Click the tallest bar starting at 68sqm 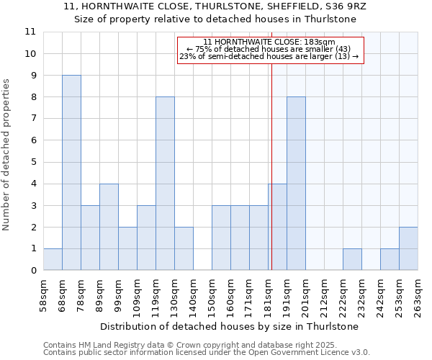[71, 173]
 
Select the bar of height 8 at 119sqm [165, 184]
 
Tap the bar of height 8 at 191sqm [296, 184]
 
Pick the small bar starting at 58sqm [53, 260]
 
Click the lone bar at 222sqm [352, 260]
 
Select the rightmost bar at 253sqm [408, 249]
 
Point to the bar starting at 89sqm [109, 227]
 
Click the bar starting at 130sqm [184, 249]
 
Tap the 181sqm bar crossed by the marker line [277, 227]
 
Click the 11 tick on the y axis [30, 32]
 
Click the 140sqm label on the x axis [194, 295]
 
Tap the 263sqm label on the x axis [418, 295]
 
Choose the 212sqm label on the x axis [325, 295]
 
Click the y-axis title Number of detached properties [7, 156]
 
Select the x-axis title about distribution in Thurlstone [230, 326]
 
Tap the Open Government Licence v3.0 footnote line [207, 353]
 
